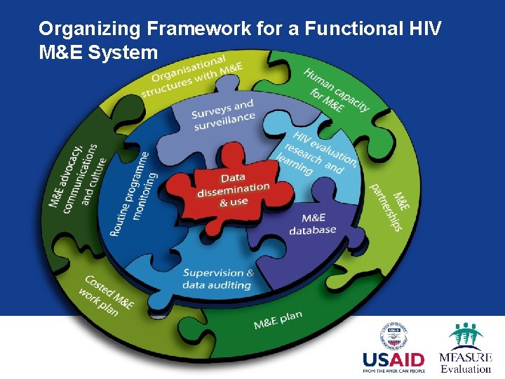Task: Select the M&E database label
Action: [313, 224]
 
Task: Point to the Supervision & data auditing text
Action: [218, 279]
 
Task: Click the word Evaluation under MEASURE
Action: [465, 368]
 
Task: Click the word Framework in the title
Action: [181, 29]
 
